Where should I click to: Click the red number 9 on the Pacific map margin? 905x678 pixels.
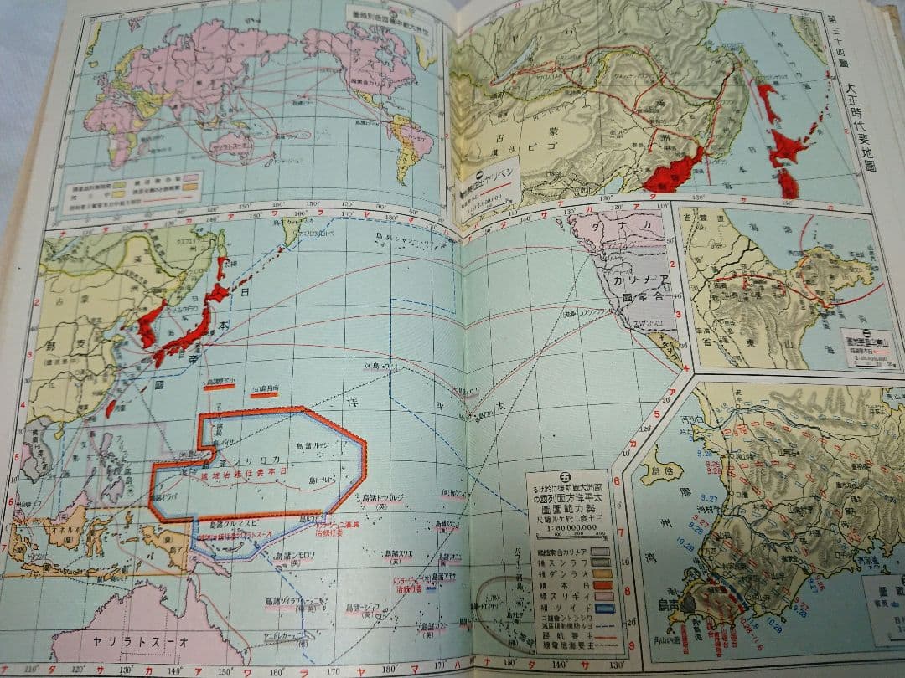click(618, 621)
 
